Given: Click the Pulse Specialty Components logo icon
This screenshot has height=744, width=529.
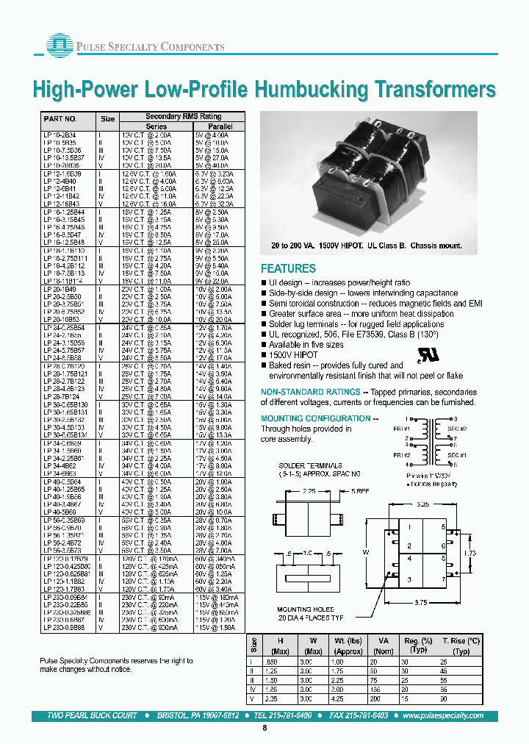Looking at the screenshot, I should (x=57, y=45).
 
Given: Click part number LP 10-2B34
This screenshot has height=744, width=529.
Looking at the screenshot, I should (x=60, y=135).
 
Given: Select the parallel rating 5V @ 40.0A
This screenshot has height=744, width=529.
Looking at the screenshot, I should (x=217, y=166).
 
